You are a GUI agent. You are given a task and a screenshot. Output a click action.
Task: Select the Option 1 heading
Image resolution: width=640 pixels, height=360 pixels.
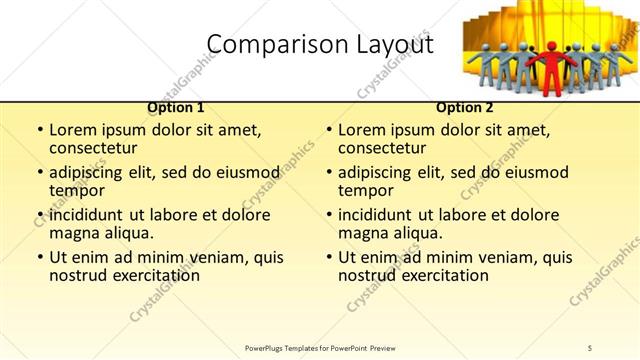(x=176, y=107)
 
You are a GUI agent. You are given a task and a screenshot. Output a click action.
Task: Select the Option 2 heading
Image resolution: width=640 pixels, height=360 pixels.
(x=465, y=107)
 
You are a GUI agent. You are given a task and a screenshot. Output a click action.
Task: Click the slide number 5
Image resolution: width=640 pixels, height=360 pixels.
(x=590, y=347)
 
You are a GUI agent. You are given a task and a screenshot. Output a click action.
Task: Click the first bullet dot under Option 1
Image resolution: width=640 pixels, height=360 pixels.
(x=39, y=130)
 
